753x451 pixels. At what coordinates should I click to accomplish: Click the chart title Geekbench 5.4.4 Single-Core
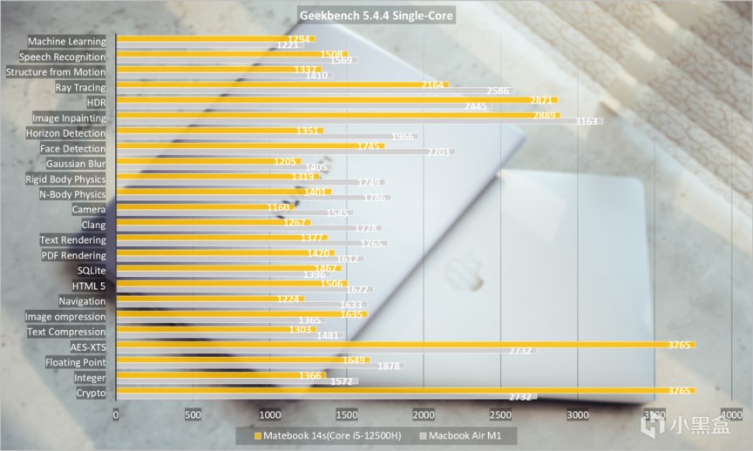376,16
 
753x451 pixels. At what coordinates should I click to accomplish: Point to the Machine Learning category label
67,41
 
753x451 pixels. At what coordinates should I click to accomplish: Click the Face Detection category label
73,148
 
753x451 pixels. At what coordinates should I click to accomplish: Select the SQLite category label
91,270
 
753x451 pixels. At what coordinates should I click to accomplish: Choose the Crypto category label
91,393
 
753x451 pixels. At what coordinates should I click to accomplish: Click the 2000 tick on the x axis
424,414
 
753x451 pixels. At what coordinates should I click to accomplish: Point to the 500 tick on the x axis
193,414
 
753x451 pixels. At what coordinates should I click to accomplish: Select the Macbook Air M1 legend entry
465,434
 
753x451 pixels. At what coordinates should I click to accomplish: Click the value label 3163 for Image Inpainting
587,122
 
